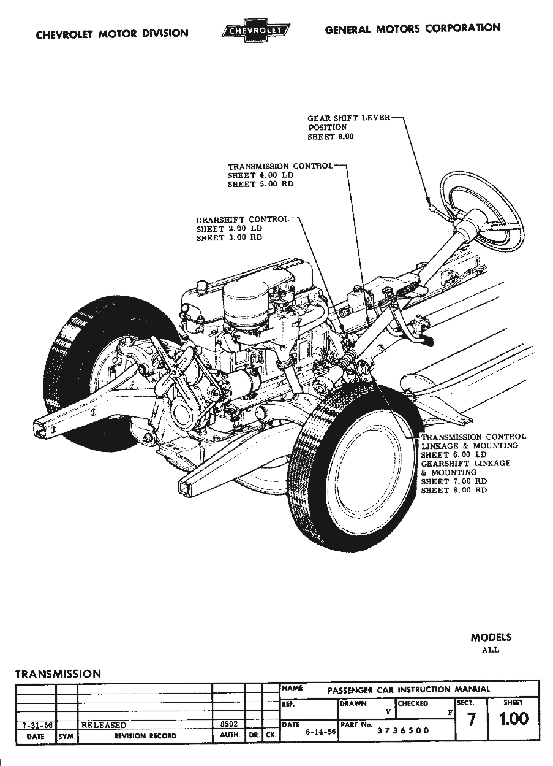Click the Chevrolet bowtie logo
pos(255,31)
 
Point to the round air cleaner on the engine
pos(246,301)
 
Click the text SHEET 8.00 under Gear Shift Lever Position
pos(330,137)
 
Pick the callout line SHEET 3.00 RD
pos(228,238)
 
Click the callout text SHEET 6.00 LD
pos(453,454)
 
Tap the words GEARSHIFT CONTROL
pos(242,220)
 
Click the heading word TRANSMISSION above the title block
pos(58,673)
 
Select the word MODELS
pos(491,637)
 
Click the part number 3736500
pos(402,730)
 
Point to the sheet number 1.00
pos(513,719)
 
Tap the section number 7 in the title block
pos(471,720)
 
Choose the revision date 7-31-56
pos(36,725)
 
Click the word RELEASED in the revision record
pos(103,725)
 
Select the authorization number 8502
pos(228,724)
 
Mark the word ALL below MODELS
pos(491,649)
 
